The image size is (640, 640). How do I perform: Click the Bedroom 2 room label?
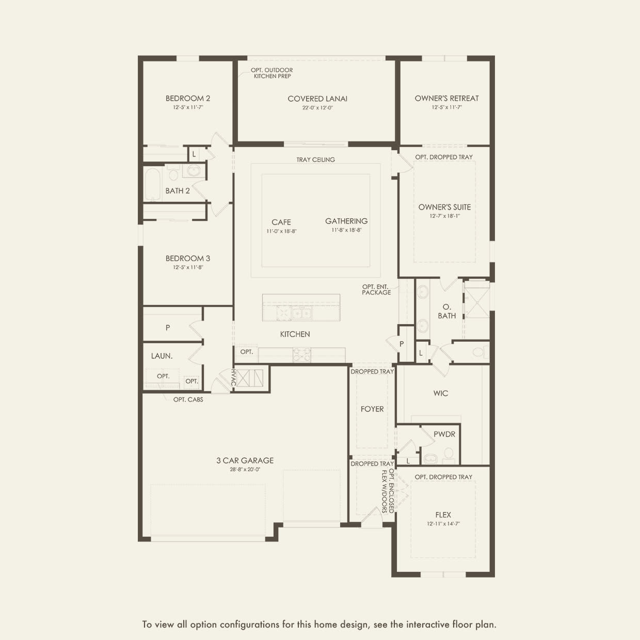pyautogui.click(x=188, y=98)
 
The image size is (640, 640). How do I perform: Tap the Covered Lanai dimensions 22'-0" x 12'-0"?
pyautogui.click(x=317, y=108)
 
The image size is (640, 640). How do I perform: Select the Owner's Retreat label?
pyautogui.click(x=446, y=98)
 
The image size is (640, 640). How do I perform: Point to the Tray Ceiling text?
pyautogui.click(x=315, y=159)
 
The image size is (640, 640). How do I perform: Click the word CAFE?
pyautogui.click(x=281, y=222)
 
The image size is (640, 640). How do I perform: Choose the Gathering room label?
pyautogui.click(x=346, y=221)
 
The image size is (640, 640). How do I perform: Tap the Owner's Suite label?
pyautogui.click(x=444, y=207)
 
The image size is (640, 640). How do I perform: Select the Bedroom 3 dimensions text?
pyautogui.click(x=188, y=267)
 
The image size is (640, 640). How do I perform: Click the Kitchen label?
pyautogui.click(x=295, y=334)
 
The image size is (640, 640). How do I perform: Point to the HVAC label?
pyautogui.click(x=233, y=377)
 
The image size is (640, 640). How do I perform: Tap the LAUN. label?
pyautogui.click(x=162, y=356)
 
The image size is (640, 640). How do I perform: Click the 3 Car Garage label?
pyautogui.click(x=245, y=460)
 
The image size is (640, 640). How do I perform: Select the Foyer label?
pyautogui.click(x=372, y=409)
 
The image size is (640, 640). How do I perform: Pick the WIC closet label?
pyautogui.click(x=441, y=393)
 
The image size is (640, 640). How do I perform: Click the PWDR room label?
pyautogui.click(x=444, y=434)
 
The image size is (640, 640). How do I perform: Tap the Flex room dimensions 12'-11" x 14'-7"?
pyautogui.click(x=443, y=523)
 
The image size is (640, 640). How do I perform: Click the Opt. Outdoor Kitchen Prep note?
pyautogui.click(x=272, y=73)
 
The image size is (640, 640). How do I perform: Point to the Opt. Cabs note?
pyautogui.click(x=188, y=399)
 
